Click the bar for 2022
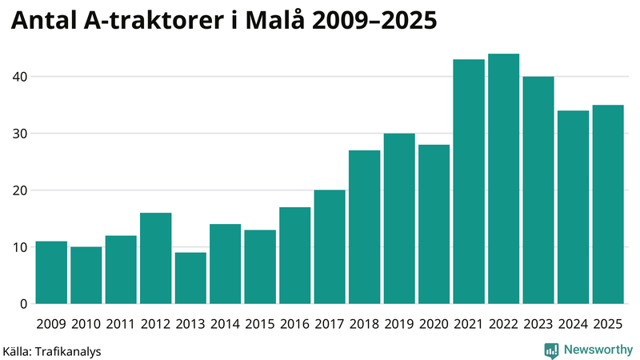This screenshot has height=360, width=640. (504, 179)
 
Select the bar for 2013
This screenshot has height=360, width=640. (190, 278)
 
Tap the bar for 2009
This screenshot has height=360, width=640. (51, 273)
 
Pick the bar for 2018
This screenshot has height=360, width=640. (365, 227)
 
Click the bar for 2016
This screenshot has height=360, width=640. (295, 256)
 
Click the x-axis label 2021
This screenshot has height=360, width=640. (469, 324)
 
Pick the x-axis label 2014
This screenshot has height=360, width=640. (226, 324)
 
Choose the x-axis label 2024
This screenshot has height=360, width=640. (574, 324)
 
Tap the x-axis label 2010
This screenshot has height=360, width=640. (86, 324)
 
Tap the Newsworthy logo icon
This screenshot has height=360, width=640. (551, 350)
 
